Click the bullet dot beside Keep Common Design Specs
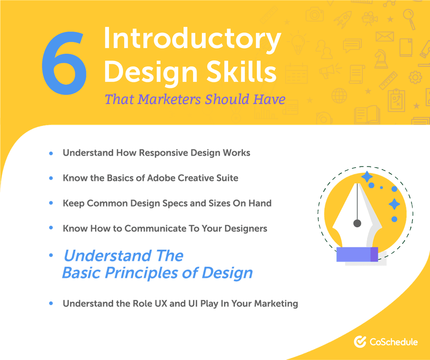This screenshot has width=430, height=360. click(x=51, y=203)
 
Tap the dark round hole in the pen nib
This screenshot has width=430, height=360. click(x=357, y=223)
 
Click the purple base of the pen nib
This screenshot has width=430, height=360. click(x=357, y=254)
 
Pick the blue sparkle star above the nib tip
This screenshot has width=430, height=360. click(x=367, y=176)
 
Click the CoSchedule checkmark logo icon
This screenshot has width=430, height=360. click(x=360, y=342)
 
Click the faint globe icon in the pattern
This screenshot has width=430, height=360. click(x=339, y=96)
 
